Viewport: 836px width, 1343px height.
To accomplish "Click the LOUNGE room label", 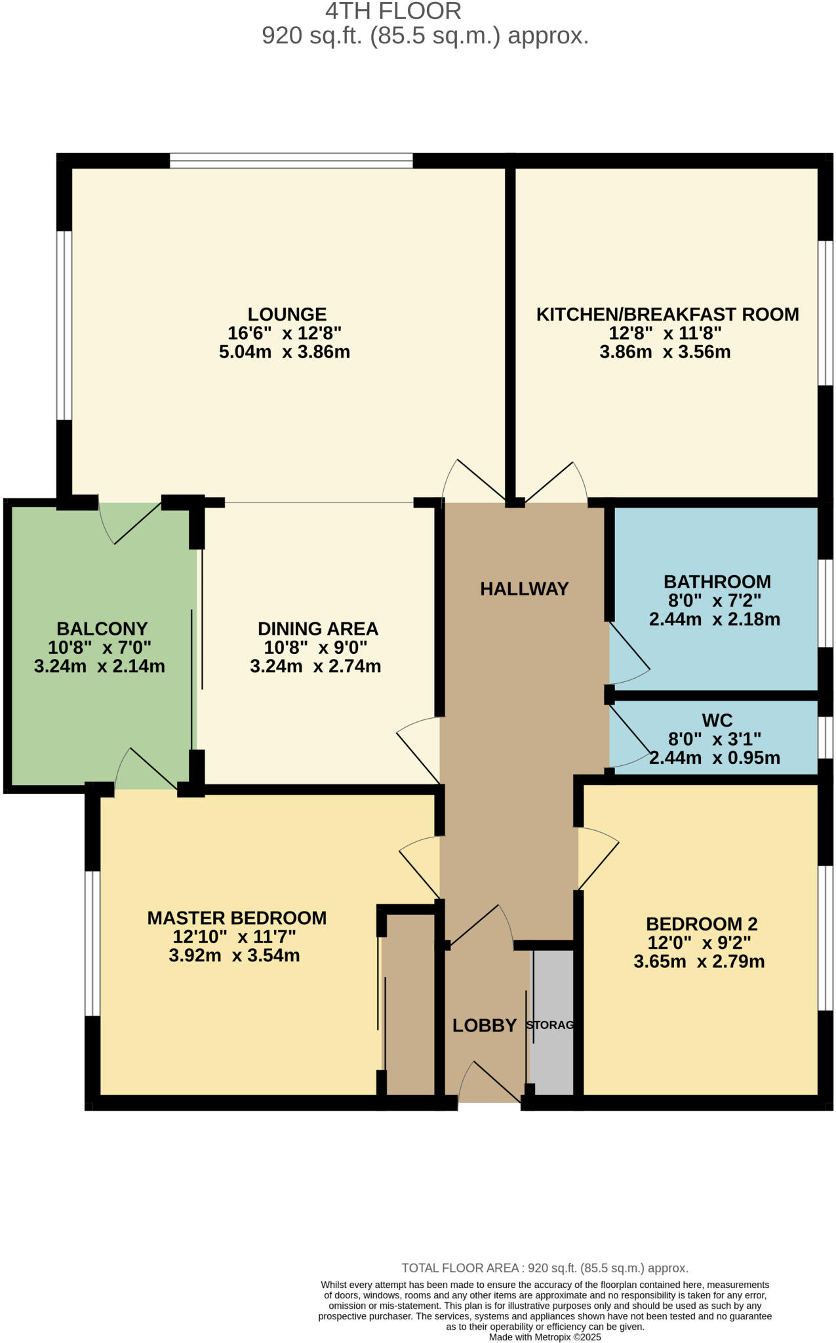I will [x=287, y=314].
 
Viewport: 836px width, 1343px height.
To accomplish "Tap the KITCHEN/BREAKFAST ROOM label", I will [x=667, y=314].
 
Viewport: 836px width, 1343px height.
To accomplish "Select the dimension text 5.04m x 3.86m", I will [x=284, y=352].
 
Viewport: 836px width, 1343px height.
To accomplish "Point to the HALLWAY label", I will [x=524, y=589].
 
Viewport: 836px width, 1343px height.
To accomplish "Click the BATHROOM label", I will [x=717, y=582].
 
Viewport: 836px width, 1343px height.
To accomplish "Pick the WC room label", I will [x=717, y=720].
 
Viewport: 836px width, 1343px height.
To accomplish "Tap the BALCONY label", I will [x=102, y=629].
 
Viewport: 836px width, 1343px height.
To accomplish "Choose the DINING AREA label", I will [x=317, y=629].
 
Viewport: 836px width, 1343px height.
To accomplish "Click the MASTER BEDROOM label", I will [x=237, y=918].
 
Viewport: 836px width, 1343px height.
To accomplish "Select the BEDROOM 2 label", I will [x=702, y=924].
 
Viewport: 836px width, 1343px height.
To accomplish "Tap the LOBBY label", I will [x=485, y=1026].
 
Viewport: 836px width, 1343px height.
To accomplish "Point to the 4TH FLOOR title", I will [x=393, y=11].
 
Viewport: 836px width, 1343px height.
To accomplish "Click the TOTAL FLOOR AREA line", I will [x=544, y=1268].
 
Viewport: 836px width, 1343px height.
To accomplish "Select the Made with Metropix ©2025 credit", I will [x=544, y=1336].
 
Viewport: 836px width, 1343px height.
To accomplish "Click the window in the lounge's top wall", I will [x=291, y=160].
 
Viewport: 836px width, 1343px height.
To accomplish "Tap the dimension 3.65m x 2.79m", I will [x=699, y=962].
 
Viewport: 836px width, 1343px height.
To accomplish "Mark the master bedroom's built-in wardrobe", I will [x=409, y=1003].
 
